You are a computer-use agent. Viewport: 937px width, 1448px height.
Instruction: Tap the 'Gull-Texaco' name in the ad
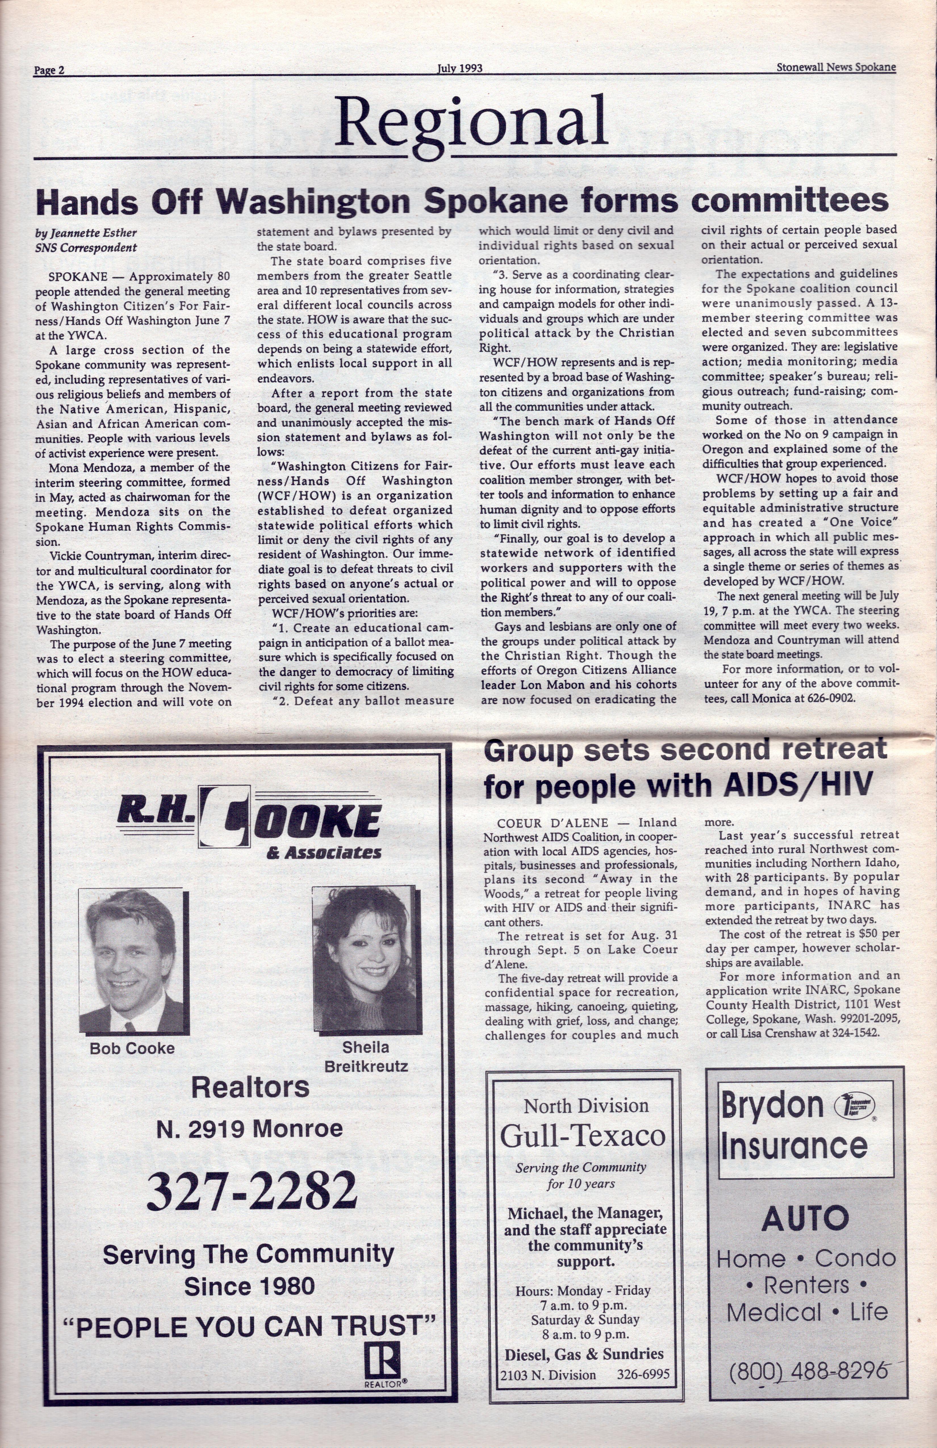(582, 1135)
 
